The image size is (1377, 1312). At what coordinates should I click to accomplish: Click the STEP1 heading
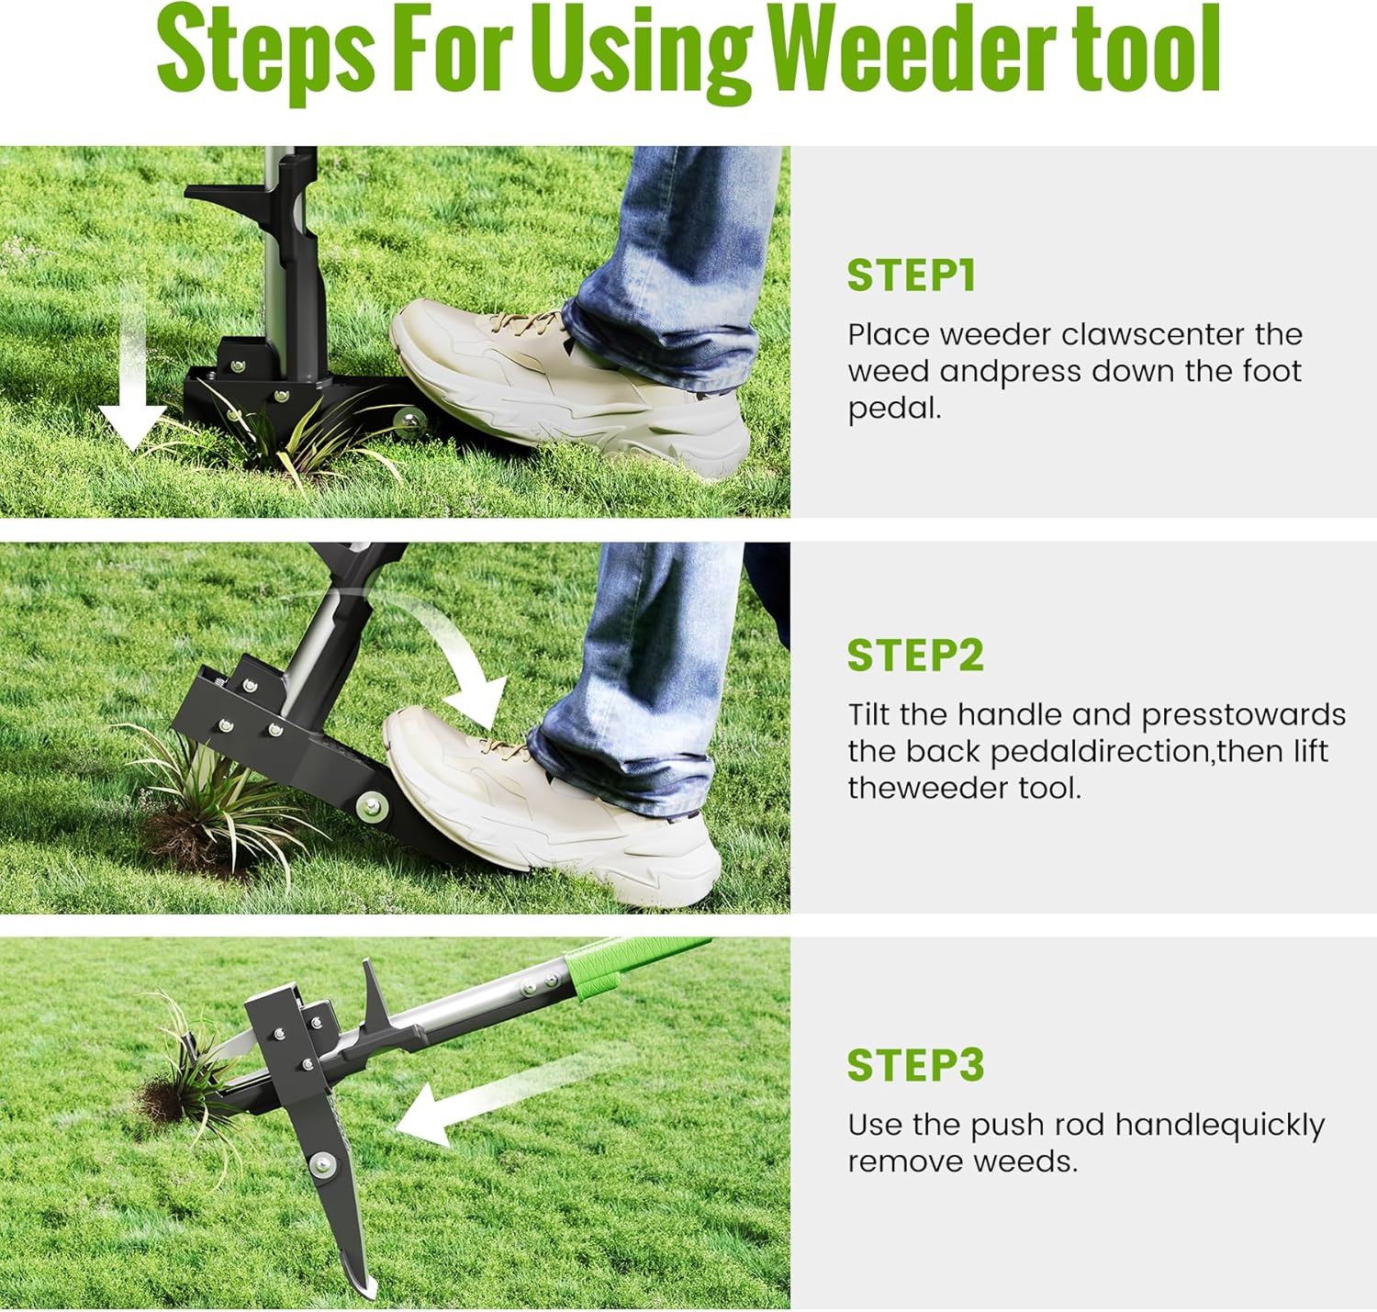[911, 275]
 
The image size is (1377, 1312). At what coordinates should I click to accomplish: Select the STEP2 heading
[915, 656]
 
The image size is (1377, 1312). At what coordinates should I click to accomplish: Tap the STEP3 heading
[915, 1066]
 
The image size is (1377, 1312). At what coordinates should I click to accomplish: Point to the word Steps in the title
[266, 53]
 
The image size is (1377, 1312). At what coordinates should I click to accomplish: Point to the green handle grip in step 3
[624, 964]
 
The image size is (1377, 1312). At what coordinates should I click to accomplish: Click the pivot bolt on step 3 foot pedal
[322, 1164]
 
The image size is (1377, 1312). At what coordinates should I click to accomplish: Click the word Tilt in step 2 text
[868, 714]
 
